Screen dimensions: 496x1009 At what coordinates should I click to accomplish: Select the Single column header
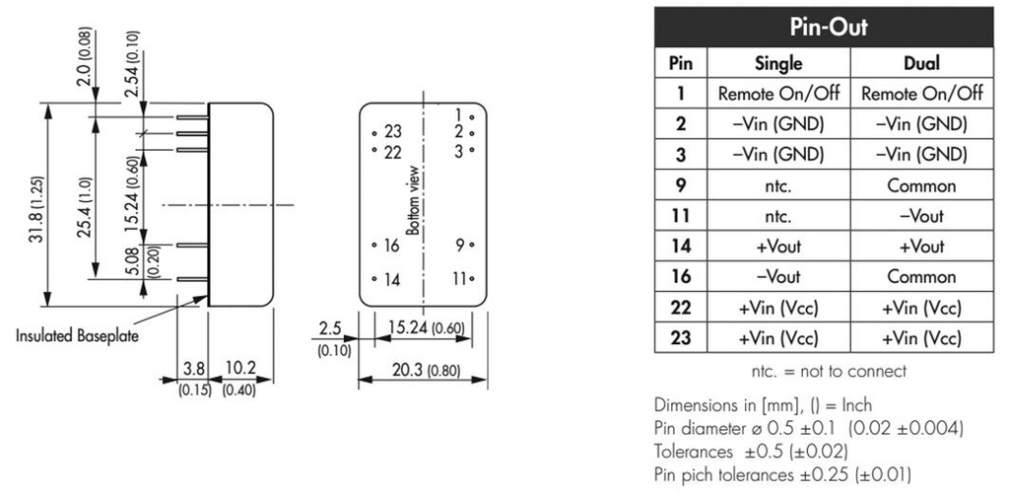(778, 63)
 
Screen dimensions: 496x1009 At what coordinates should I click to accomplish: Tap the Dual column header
(921, 63)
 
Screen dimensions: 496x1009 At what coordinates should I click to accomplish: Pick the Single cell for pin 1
(778, 94)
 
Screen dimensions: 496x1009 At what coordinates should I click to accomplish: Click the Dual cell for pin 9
(921, 185)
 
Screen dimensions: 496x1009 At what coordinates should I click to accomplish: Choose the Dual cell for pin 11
(921, 216)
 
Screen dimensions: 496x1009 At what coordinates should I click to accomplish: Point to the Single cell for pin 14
(778, 247)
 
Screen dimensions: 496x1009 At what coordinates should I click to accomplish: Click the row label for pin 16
(680, 277)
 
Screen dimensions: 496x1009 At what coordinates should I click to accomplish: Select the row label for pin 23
(680, 338)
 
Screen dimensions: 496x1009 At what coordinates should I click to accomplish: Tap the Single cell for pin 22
(778, 308)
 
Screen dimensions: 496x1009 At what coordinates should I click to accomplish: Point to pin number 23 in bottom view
(393, 132)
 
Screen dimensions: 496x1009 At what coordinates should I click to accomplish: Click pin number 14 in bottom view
(392, 280)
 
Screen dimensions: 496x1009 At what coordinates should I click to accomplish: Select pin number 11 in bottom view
(457, 279)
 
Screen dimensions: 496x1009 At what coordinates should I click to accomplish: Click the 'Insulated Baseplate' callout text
(77, 335)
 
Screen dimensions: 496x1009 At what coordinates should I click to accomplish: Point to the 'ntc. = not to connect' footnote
(828, 372)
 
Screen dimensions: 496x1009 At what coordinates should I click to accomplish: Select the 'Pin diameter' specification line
(808, 428)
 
